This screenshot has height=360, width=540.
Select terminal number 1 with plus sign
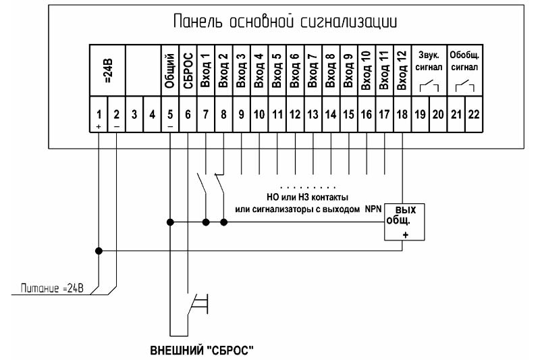coord(99,116)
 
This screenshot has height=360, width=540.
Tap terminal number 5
coord(170,116)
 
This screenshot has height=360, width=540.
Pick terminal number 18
coord(402,115)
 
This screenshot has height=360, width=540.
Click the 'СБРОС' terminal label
coord(188,72)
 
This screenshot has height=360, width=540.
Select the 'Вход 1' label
coord(205,71)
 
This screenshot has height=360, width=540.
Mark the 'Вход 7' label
coord(311,71)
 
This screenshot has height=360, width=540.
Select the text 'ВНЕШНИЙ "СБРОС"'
coord(200,351)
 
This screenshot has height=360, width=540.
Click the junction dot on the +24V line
coord(99,251)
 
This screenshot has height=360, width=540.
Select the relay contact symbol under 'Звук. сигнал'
coord(429,86)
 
